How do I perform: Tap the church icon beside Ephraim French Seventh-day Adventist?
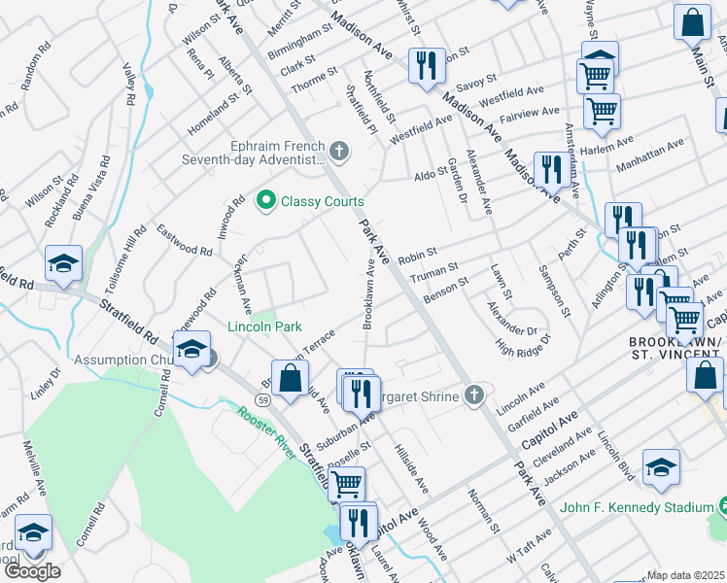[x=338, y=151]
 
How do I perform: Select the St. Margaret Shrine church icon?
[x=473, y=394]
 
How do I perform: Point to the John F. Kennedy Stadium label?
[x=636, y=506]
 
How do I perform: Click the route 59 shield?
[x=263, y=399]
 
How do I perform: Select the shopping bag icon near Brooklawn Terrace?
[x=291, y=379]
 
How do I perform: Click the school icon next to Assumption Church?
[x=192, y=349]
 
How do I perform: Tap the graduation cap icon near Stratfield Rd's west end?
[x=63, y=264]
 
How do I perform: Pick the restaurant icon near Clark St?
[x=426, y=65]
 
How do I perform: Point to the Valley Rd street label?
[x=128, y=84]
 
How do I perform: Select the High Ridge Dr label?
[x=523, y=344]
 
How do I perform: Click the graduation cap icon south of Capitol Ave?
[x=661, y=467]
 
